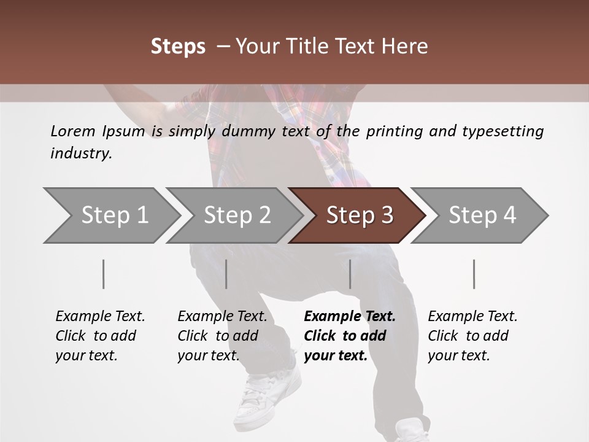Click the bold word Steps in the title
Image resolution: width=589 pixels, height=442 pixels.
[178, 47]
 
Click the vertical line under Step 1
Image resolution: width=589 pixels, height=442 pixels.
[103, 274]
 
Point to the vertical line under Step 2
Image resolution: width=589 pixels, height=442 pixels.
[226, 274]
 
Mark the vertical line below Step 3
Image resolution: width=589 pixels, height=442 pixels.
[350, 274]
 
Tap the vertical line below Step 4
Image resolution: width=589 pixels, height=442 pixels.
[474, 274]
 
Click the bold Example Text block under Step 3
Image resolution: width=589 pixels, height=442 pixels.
[350, 336]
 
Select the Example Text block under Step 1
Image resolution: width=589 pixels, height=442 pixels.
[100, 336]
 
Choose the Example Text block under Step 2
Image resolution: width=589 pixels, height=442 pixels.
[222, 336]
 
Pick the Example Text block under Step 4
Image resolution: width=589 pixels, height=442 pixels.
[472, 336]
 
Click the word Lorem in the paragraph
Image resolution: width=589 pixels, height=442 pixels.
[73, 131]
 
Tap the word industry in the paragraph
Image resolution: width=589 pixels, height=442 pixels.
[81, 153]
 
